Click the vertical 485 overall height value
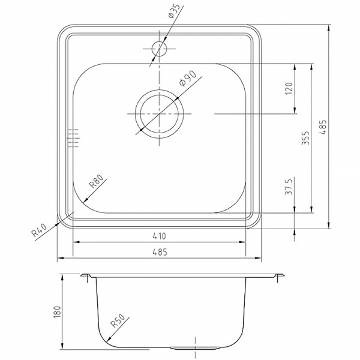click(x=323, y=127)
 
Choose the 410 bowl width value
click(x=160, y=235)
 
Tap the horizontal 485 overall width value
click(x=160, y=253)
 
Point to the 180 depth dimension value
click(x=58, y=312)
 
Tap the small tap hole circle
click(x=160, y=49)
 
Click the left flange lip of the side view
click(x=88, y=277)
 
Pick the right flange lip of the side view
click(x=277, y=277)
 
